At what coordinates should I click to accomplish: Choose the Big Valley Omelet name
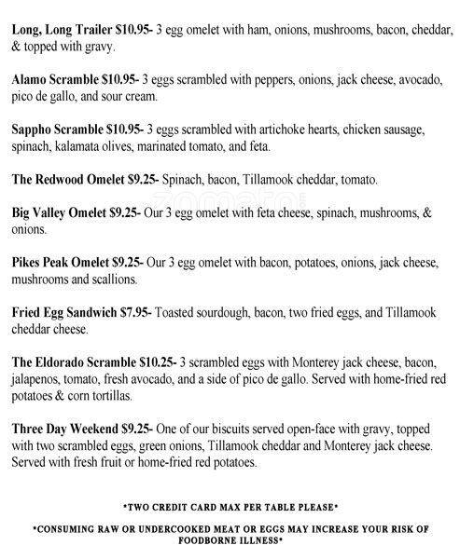tap(65, 214)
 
